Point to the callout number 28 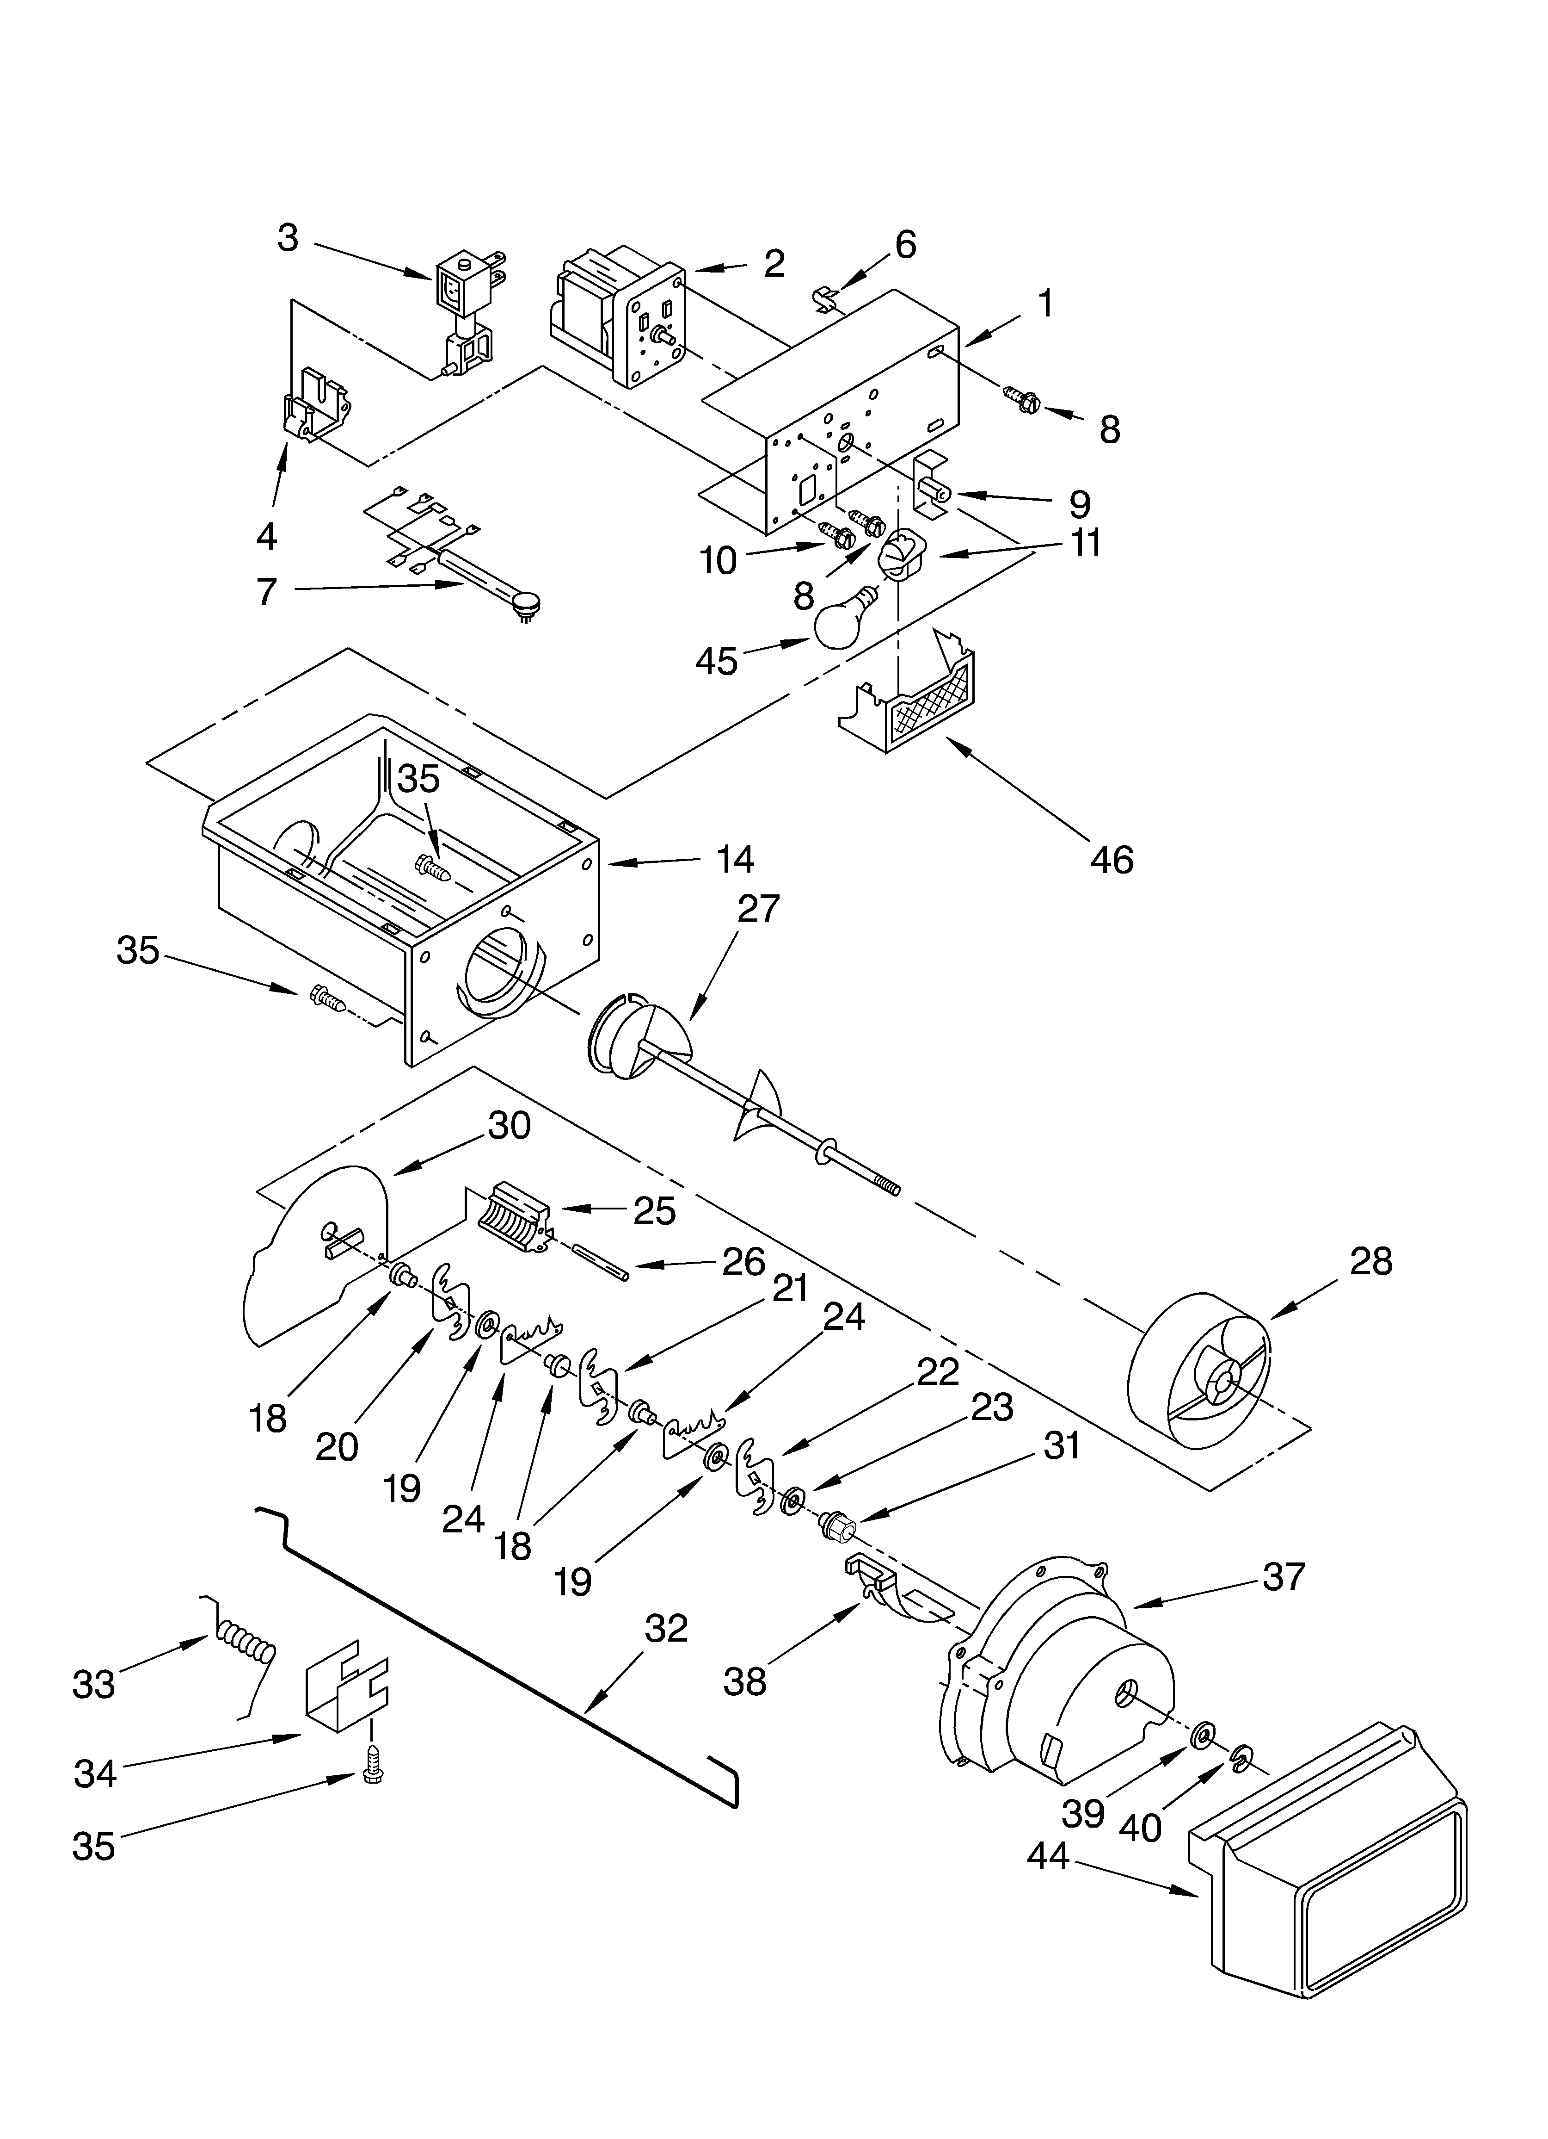1370,1261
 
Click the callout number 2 774,263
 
